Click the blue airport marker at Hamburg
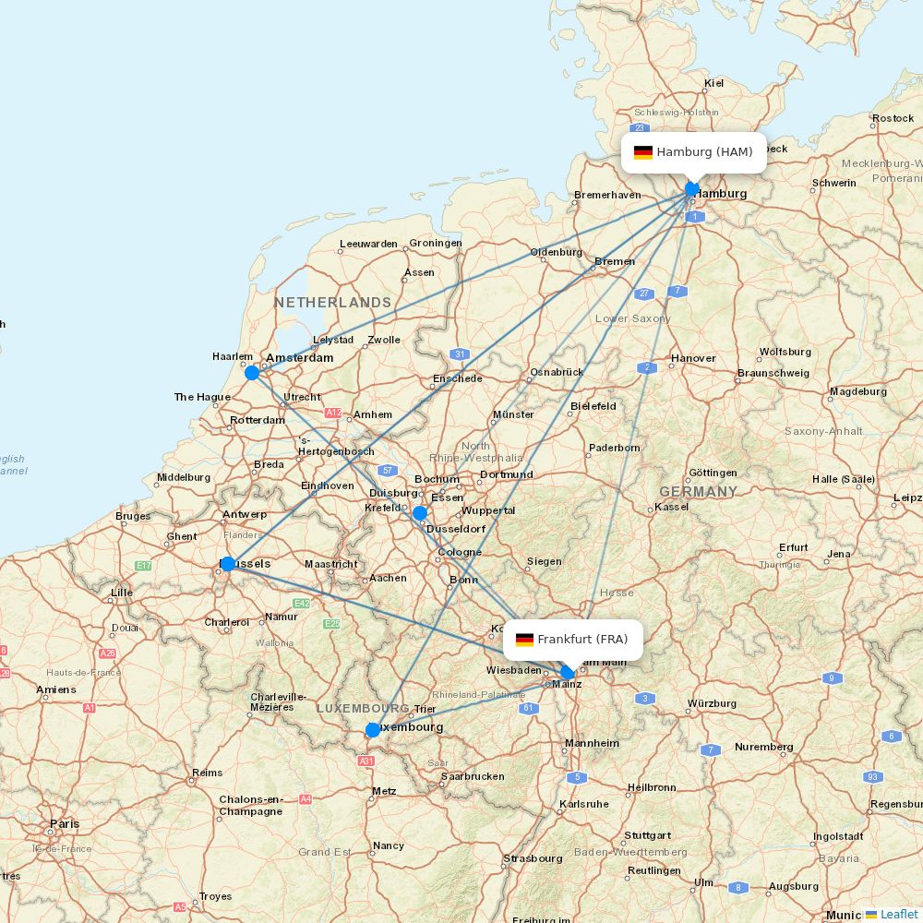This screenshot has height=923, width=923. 692,189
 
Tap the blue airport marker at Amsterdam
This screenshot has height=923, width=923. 251,373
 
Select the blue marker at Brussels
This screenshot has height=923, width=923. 227,564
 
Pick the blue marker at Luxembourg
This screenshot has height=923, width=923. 372,730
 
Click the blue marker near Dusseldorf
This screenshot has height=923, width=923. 420,513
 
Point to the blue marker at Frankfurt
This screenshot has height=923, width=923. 568,673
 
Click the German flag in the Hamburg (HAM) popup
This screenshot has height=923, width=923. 642,152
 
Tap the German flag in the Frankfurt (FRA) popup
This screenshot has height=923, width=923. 524,640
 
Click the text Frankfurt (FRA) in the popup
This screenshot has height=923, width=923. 582,640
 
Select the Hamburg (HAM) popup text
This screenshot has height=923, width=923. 704,152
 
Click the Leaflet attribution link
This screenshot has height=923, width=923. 898,914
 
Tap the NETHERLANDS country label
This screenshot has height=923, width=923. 332,303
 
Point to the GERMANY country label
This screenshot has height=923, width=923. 698,492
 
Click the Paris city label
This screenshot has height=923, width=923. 65,823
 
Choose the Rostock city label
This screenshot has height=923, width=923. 893,118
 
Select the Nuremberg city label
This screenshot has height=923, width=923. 763,747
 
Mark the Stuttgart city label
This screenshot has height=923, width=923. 647,835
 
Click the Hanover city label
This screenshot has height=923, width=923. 693,358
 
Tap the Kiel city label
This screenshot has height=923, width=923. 713,83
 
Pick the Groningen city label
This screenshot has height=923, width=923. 435,244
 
